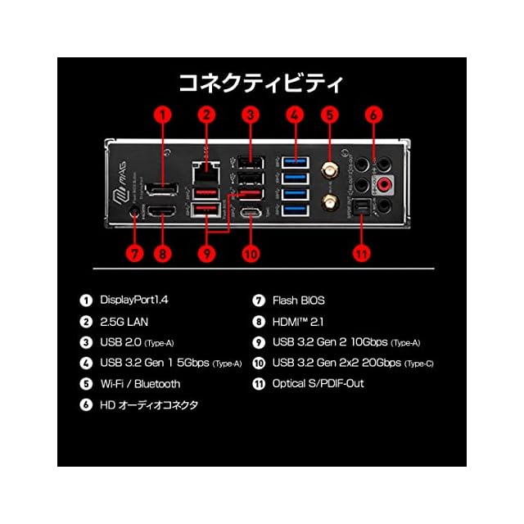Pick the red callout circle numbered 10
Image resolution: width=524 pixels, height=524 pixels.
pos(250,253)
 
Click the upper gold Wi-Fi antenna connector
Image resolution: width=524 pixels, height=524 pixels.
pos(330,170)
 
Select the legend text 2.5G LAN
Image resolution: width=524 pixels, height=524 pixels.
pos(124,322)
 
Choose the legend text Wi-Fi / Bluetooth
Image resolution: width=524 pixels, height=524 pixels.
pos(140,383)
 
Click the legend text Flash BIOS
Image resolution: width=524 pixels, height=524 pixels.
pos(298,300)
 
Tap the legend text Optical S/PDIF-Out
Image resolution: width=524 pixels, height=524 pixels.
pos(318,383)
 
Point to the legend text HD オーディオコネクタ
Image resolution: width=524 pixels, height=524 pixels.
pos(149,404)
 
